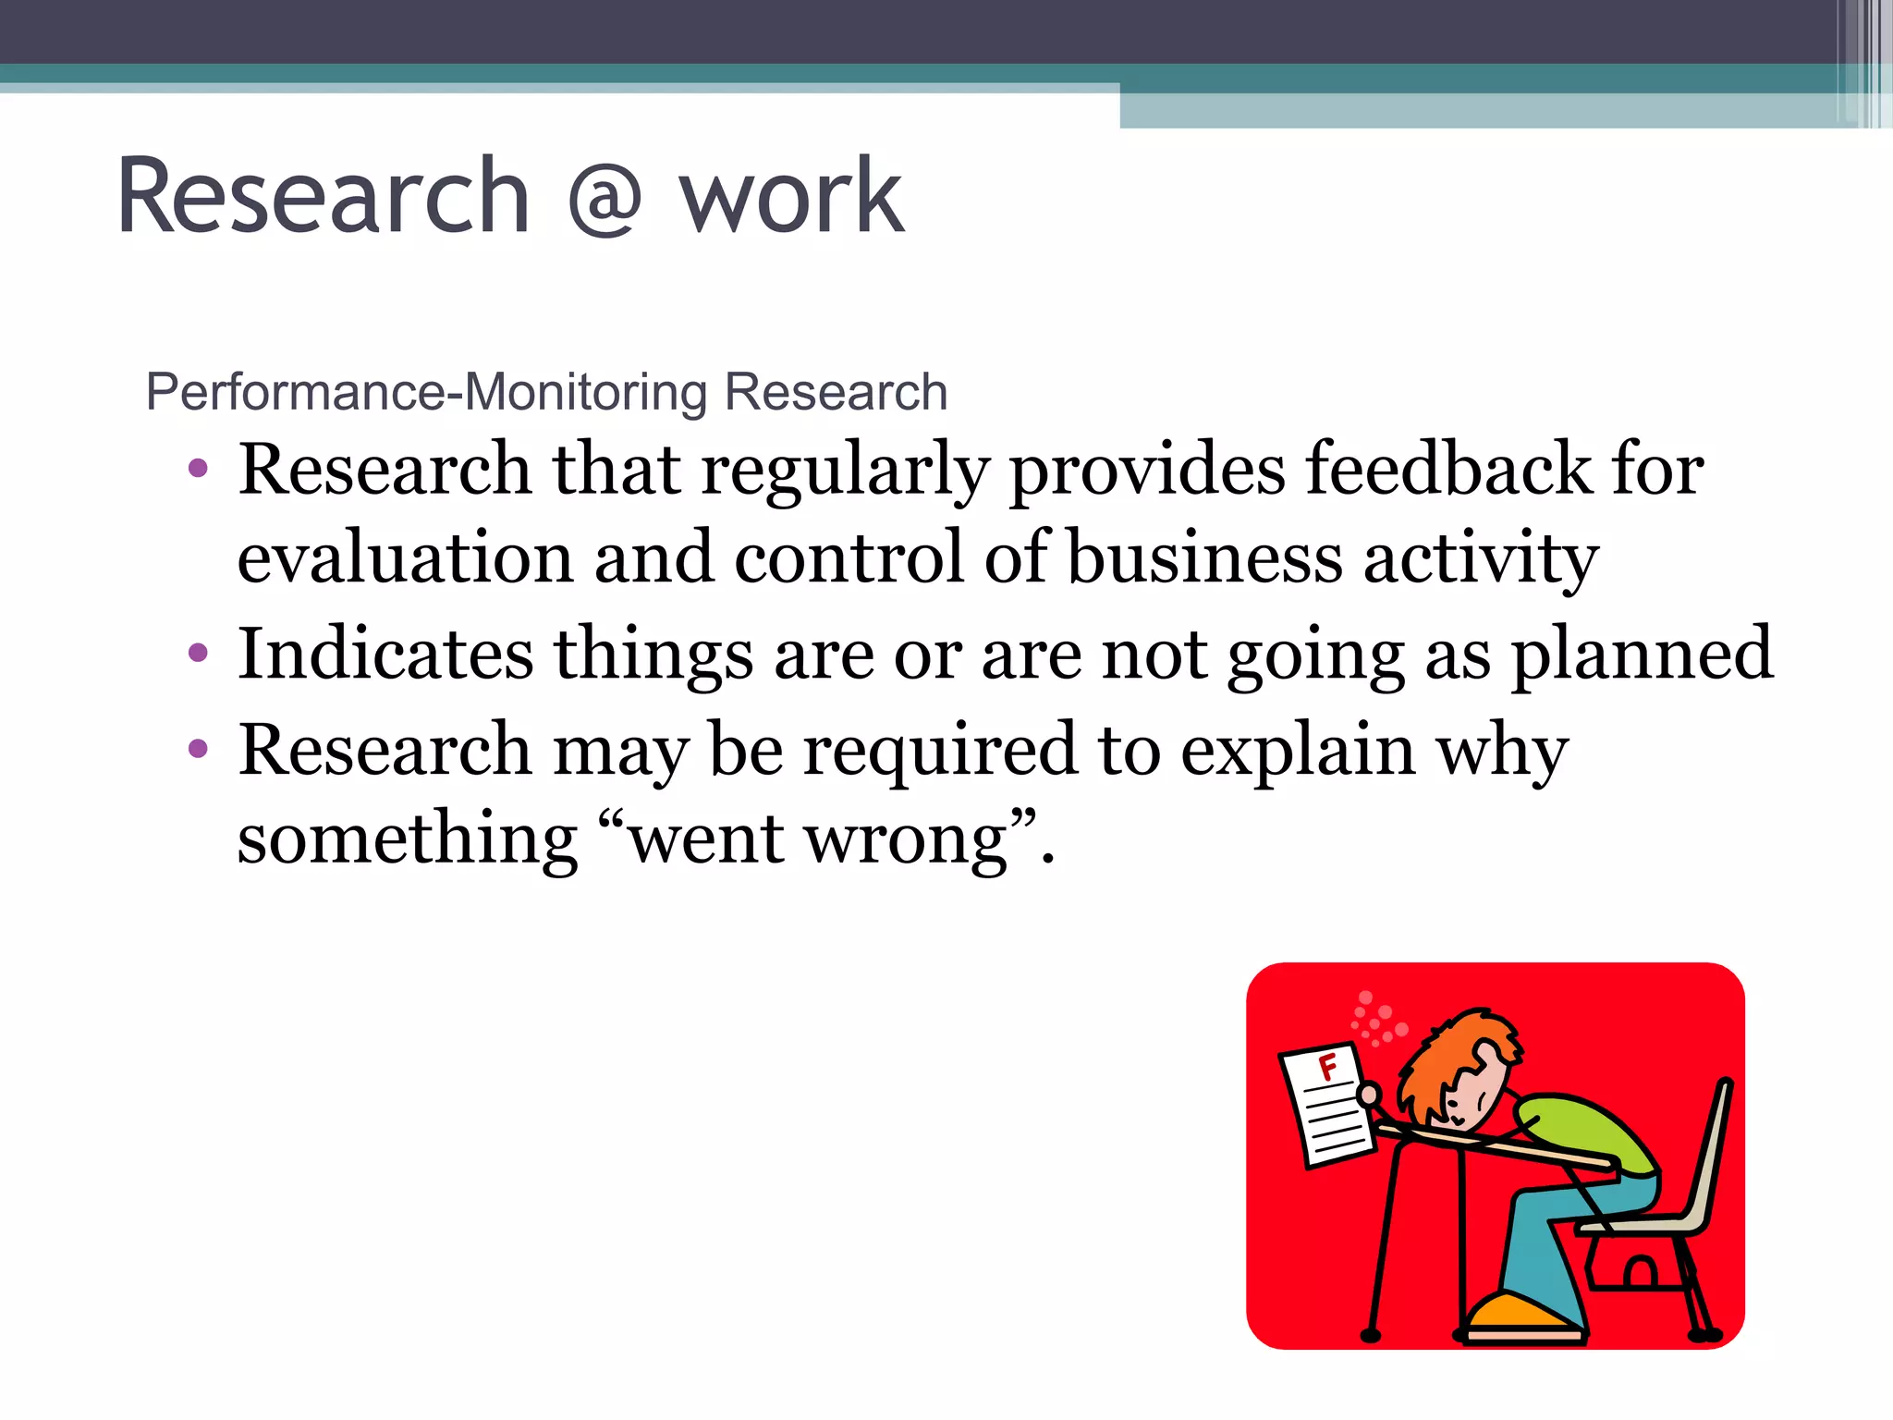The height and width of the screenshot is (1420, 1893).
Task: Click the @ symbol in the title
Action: (605, 197)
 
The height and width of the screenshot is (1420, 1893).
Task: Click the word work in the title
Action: (791, 197)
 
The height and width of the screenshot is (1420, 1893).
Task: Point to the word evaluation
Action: (405, 558)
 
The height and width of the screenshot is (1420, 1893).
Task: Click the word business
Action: (1204, 558)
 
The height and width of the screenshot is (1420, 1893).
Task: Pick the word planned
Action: (1642, 655)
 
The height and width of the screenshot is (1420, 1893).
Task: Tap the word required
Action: (939, 750)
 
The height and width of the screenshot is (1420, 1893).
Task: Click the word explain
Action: (1298, 750)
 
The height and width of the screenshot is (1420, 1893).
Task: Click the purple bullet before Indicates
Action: (198, 655)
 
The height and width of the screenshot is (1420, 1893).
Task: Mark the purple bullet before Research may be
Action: (198, 749)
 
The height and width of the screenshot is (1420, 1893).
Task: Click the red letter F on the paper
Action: (1328, 1068)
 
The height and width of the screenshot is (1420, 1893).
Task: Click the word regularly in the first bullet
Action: (844, 470)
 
